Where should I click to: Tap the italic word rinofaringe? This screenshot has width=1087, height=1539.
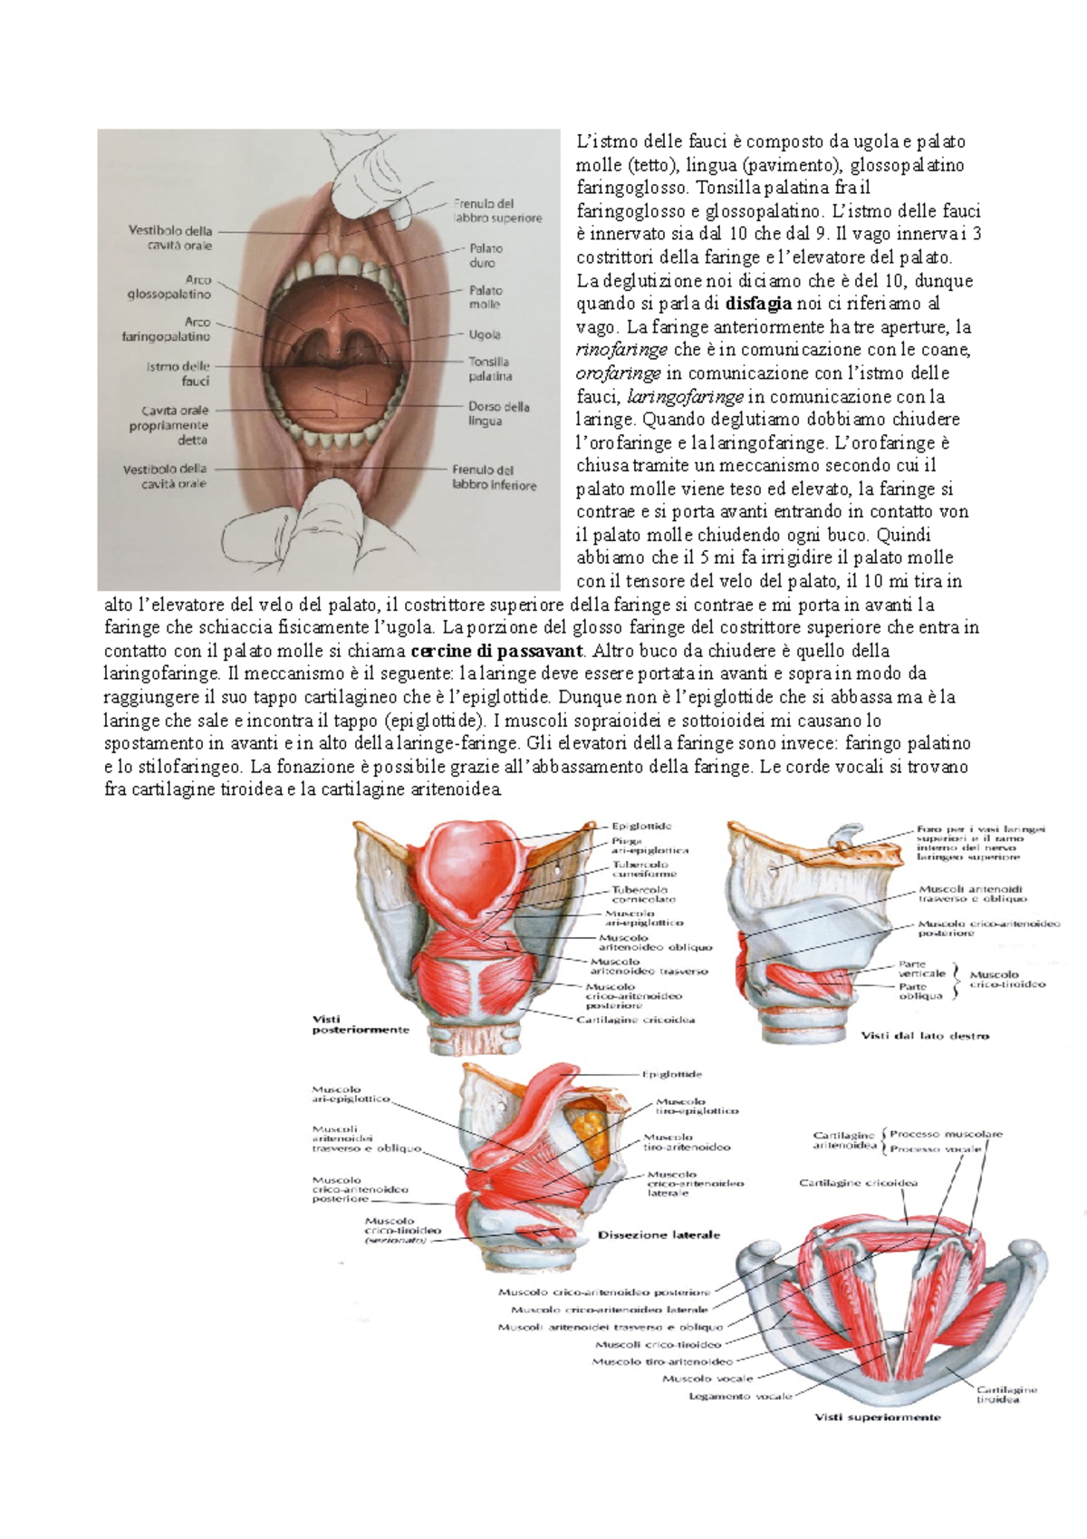(x=621, y=350)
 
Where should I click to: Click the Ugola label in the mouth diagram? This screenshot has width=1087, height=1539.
(x=485, y=334)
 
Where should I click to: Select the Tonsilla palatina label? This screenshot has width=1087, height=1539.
(x=489, y=369)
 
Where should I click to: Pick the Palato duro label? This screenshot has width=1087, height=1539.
(x=486, y=256)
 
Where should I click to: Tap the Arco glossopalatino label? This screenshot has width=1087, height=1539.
(x=169, y=287)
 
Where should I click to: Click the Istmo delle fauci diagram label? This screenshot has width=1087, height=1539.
(x=178, y=373)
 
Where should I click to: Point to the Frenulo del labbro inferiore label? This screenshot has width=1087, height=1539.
(x=495, y=478)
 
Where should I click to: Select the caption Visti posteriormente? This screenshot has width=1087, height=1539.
(x=349, y=1024)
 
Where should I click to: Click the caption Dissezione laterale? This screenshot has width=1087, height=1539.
(x=659, y=1234)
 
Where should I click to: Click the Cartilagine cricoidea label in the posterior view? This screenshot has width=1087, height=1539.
(x=636, y=1020)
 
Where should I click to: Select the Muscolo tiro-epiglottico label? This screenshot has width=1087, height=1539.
(x=697, y=1106)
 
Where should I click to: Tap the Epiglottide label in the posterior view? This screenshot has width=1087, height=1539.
(x=641, y=827)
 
